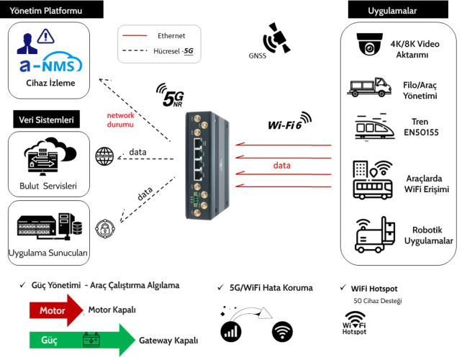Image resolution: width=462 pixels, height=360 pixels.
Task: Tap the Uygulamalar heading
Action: (392, 10)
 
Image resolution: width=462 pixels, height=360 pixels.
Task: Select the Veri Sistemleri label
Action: (46, 120)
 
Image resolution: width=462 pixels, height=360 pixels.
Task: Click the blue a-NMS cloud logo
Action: (51, 65)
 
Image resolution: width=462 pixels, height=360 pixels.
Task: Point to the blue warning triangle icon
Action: (45, 35)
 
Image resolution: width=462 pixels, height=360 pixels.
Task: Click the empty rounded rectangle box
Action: (159, 45)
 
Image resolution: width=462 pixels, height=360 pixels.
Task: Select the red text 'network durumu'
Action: (120, 120)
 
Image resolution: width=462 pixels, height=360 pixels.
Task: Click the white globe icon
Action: (104, 156)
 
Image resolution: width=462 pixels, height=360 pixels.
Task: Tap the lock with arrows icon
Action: (42, 161)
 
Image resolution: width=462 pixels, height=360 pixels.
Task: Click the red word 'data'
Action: (281, 166)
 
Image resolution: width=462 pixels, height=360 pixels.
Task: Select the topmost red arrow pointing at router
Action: (284, 145)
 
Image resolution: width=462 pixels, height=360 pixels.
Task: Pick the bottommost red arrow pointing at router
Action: (284, 186)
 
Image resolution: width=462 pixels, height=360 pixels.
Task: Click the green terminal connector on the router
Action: (194, 199)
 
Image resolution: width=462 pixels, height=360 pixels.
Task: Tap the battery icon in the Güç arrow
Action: (91, 339)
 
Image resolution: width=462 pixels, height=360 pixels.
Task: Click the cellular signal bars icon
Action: (231, 331)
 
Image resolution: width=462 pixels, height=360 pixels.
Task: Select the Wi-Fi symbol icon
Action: (282, 332)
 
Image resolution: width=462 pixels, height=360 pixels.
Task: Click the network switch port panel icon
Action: (34, 229)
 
